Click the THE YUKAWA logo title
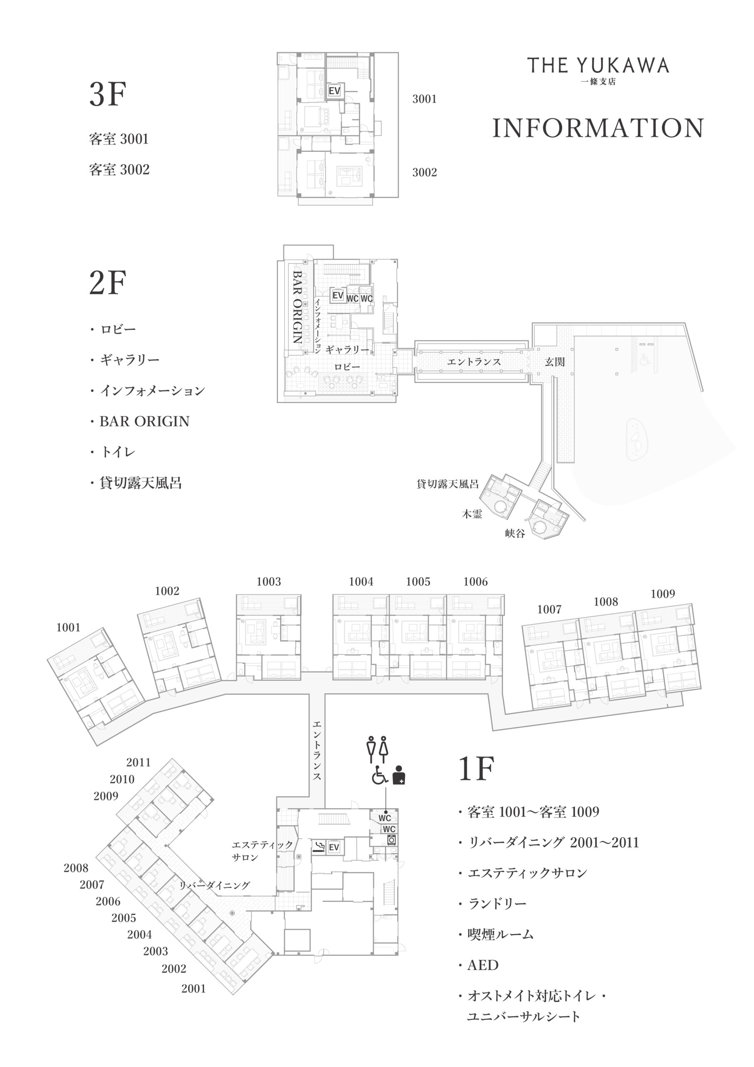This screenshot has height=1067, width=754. (598, 65)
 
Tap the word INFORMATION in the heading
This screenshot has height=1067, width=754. (598, 128)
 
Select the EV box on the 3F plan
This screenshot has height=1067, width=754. (335, 90)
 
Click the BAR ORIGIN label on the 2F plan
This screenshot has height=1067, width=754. (297, 307)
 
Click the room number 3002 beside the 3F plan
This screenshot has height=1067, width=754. (424, 173)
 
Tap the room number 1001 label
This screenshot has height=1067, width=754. (68, 628)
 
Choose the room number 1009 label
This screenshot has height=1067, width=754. (662, 594)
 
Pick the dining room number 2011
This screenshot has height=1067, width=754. (138, 763)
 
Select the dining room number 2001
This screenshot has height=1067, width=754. (193, 989)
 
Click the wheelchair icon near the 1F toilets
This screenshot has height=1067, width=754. (380, 775)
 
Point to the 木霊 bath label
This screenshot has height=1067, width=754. (472, 514)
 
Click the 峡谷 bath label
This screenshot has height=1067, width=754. (515, 533)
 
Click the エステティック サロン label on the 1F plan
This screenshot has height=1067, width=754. (262, 851)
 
